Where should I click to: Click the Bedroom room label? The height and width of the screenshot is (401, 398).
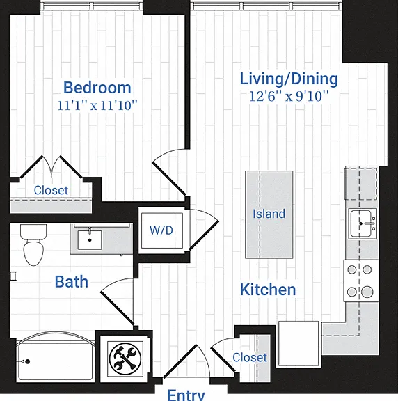(97, 88)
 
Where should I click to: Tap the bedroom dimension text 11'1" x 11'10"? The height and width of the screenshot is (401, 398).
(97, 105)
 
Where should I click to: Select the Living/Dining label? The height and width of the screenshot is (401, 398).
(289, 79)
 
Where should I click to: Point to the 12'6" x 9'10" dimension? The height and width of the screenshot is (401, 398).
(289, 96)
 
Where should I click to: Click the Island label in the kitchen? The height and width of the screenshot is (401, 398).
(269, 214)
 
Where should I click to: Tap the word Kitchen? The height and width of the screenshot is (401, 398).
(268, 290)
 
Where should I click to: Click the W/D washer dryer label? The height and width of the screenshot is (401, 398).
(161, 230)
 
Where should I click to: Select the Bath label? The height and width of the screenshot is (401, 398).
(72, 282)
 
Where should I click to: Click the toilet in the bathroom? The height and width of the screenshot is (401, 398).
(33, 245)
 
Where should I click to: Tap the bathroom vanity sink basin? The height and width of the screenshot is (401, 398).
(90, 240)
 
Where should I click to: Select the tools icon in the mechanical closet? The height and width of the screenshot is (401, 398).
(125, 359)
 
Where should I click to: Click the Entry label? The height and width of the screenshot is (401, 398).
(186, 395)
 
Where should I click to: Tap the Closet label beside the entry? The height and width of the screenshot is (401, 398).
(250, 357)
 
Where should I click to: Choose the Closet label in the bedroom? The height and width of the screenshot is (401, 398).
(51, 190)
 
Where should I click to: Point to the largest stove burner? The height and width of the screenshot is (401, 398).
(367, 292)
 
